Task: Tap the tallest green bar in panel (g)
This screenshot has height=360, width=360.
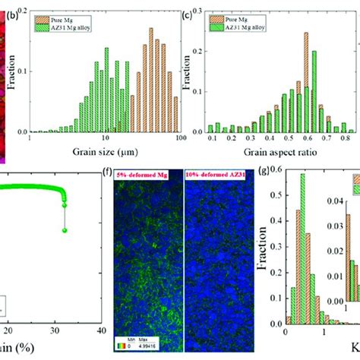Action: coord(303,251)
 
